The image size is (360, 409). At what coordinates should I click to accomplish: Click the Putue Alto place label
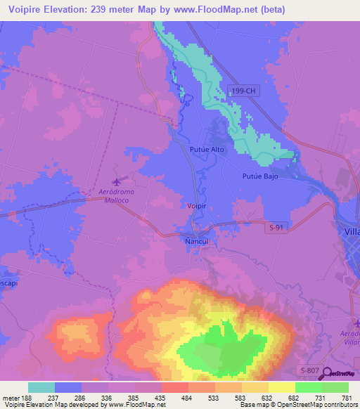(x=206, y=150)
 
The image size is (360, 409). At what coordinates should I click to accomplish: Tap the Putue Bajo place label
(x=260, y=176)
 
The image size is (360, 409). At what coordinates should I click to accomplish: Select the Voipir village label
(x=198, y=207)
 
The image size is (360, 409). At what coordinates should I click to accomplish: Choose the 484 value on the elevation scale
(x=188, y=397)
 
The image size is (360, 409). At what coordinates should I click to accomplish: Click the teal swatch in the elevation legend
(x=41, y=387)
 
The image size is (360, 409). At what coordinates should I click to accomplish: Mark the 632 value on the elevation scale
(x=268, y=397)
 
